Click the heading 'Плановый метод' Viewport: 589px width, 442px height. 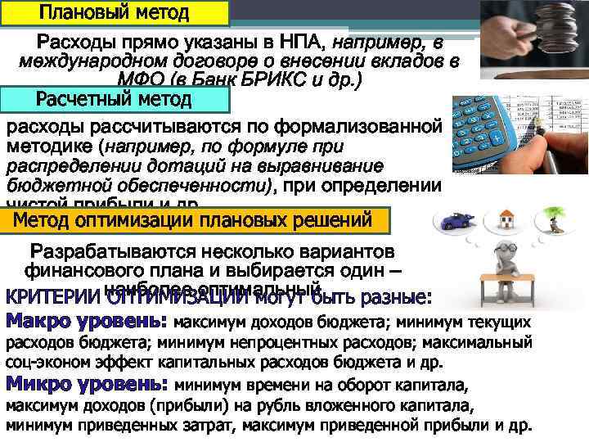[114, 14]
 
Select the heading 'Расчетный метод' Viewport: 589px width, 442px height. [114, 100]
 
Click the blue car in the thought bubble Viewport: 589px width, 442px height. [454, 222]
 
